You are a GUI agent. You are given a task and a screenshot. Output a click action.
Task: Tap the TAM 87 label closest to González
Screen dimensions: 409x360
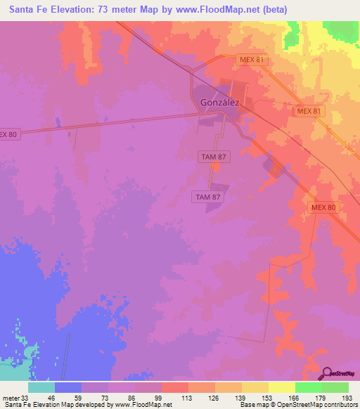click(x=211, y=158)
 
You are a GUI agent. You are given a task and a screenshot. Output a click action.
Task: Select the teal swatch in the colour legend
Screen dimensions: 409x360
click(x=41, y=387)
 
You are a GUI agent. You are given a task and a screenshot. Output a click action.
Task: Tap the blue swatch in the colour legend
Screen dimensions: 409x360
click(x=68, y=387)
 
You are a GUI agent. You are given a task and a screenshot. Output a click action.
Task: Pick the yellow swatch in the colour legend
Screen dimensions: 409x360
click(x=281, y=387)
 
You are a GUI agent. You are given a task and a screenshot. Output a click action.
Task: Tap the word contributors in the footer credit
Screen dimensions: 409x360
click(x=337, y=404)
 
